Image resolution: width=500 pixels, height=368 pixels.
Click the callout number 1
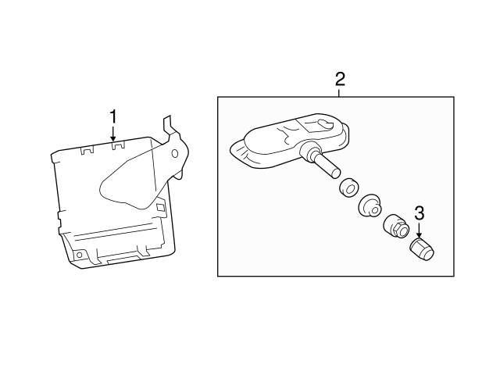[x=113, y=116]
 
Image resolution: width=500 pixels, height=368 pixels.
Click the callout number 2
[x=339, y=78]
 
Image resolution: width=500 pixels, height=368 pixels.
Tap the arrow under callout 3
[x=419, y=232]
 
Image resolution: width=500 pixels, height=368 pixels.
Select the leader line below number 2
[x=339, y=92]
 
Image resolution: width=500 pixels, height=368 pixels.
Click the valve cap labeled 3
[x=422, y=250]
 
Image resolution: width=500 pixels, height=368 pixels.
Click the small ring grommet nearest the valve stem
[x=348, y=188]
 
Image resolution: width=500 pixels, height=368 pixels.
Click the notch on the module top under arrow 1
[x=114, y=145]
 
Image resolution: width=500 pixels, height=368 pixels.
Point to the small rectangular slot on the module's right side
[x=160, y=208]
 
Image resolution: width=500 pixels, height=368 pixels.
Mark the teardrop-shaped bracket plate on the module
[x=133, y=184]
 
